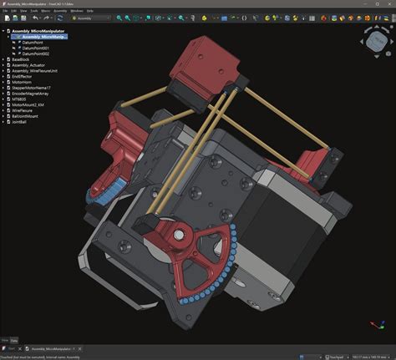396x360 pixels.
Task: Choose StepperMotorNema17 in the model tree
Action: pos(30,85)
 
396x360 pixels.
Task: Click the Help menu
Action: pos(89,11)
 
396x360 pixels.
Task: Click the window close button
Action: pos(389,3)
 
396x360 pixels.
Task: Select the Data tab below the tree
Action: pos(14,340)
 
